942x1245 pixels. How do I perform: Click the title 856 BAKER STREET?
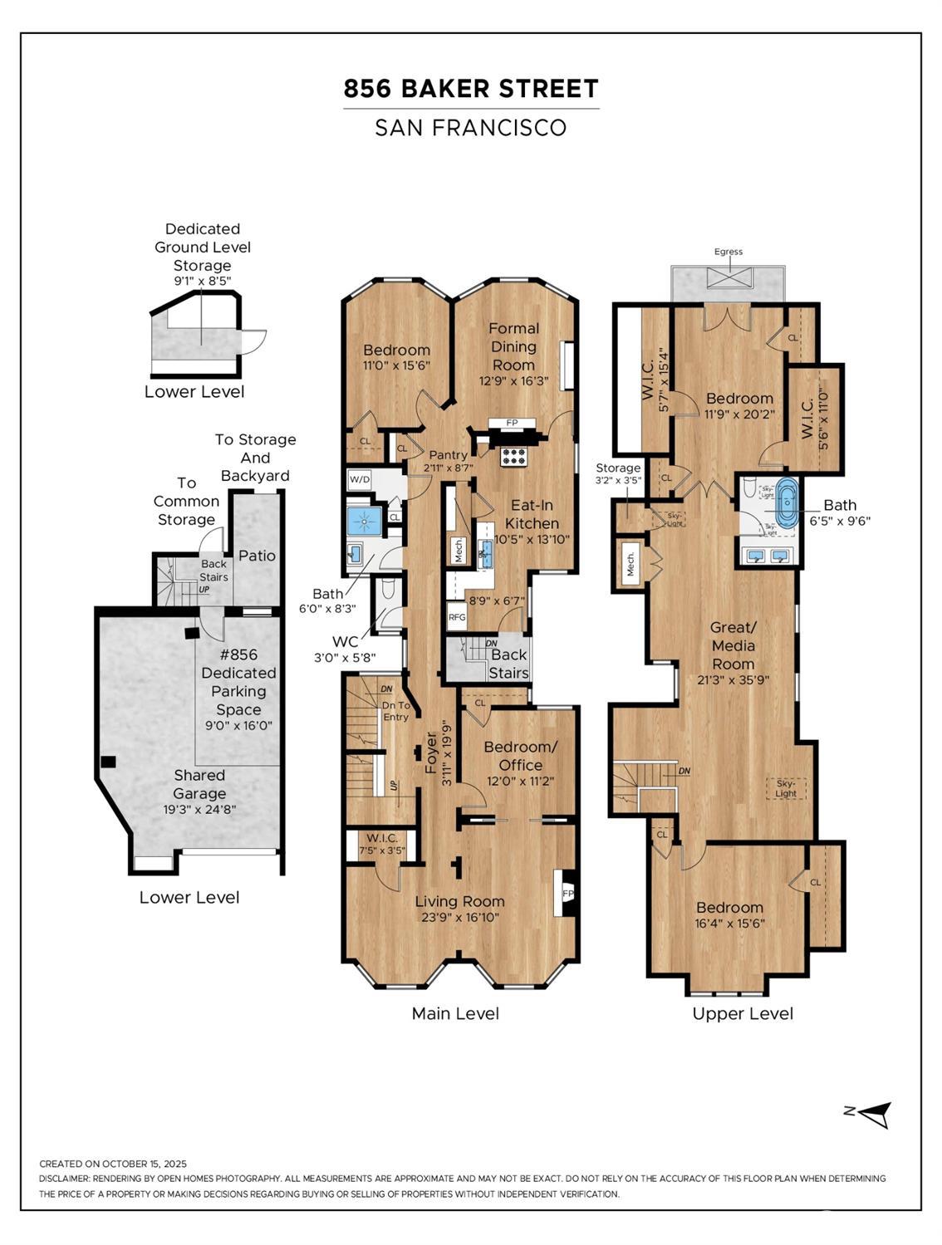click(471, 89)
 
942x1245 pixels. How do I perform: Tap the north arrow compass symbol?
click(872, 1114)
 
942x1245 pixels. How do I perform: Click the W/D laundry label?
click(360, 479)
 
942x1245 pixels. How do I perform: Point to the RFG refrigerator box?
click(457, 617)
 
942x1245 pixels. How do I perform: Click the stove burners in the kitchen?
click(513, 456)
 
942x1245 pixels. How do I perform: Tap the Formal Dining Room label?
click(513, 346)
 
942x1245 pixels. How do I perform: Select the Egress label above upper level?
click(728, 252)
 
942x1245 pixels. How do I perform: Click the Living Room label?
click(459, 901)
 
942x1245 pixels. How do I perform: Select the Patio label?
click(257, 556)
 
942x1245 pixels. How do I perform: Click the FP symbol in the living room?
click(568, 894)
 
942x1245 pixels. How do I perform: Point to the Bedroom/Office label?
click(520, 756)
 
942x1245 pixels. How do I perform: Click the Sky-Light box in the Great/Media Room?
click(785, 787)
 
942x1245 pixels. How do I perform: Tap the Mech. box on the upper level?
click(630, 564)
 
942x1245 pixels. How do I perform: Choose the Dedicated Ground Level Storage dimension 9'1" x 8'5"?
click(202, 282)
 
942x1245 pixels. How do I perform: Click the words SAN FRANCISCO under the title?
click(470, 128)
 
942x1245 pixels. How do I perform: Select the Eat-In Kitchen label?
click(532, 514)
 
